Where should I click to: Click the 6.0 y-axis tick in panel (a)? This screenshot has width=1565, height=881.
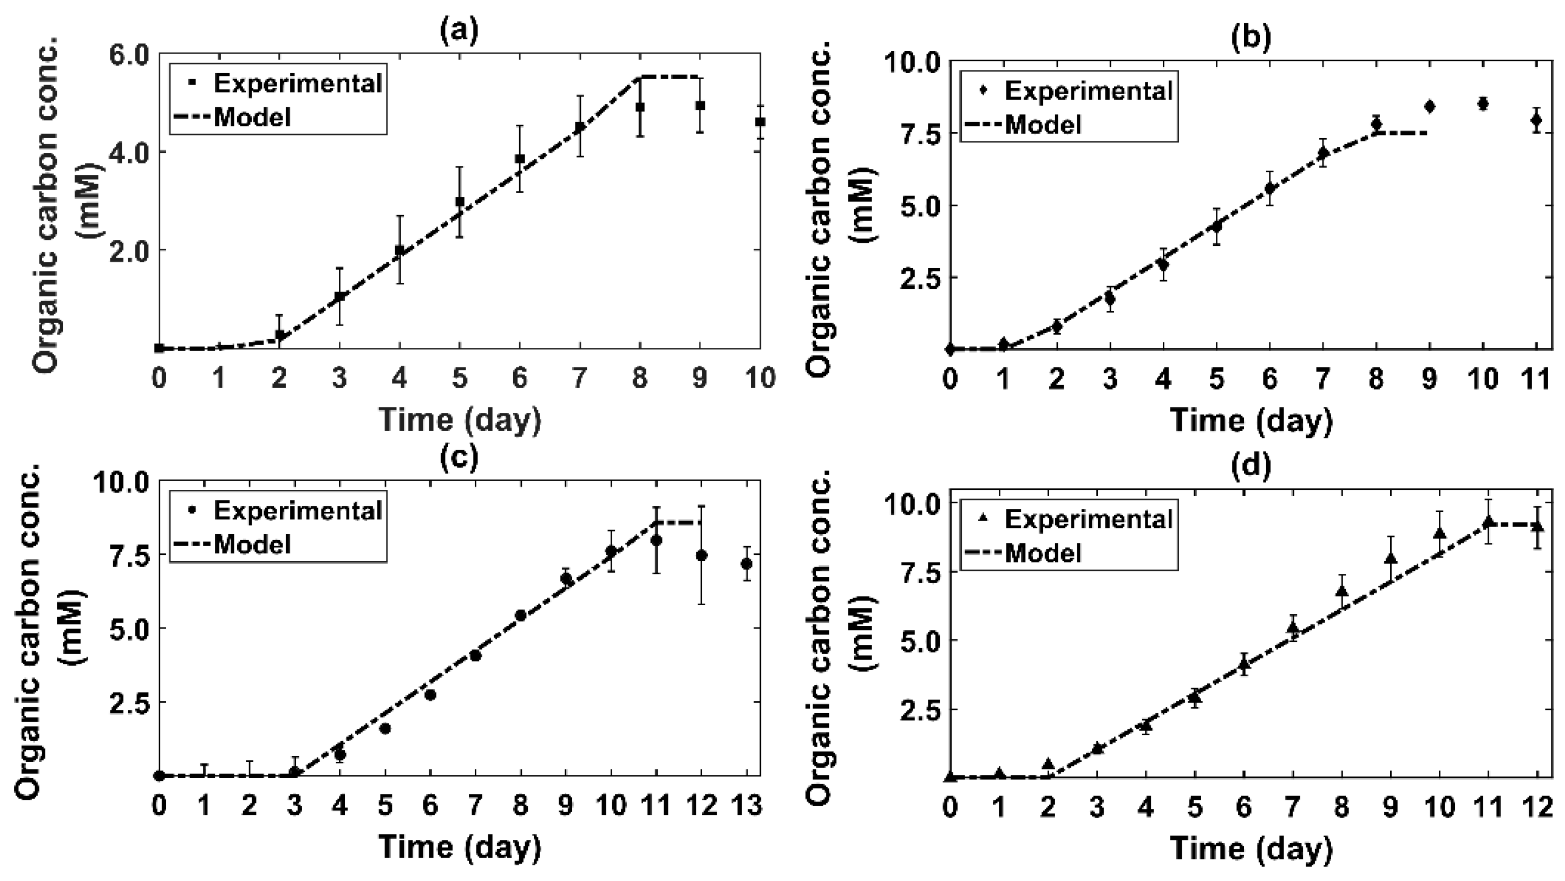[129, 55]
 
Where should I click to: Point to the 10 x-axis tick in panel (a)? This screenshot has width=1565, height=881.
[760, 378]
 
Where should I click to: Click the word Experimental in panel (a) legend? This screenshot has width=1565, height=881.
[298, 83]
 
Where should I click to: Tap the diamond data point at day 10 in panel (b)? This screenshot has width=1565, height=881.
[1482, 104]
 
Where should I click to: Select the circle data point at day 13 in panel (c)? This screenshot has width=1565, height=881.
[747, 564]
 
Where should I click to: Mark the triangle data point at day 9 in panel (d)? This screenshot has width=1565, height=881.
[1390, 558]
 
